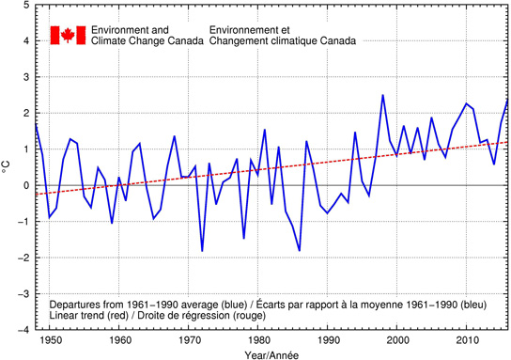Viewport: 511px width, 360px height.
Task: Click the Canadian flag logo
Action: [x=67, y=35]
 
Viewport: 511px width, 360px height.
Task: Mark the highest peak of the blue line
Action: [x=382, y=95]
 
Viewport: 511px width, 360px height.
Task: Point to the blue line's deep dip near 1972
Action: [x=202, y=251]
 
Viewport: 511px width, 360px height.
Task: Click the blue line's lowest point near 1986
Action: [x=300, y=251]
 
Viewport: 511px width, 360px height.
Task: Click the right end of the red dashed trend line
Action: [x=507, y=142]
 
